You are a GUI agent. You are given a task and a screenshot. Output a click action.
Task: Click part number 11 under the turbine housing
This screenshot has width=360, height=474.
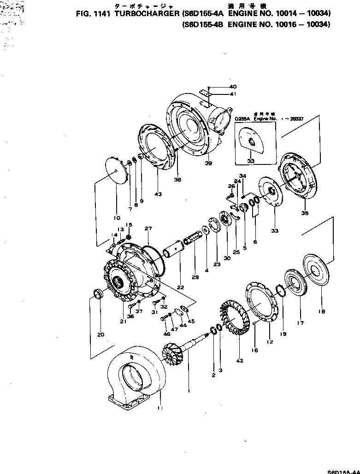159,408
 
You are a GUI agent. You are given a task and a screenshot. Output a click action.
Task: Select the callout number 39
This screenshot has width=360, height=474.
208,163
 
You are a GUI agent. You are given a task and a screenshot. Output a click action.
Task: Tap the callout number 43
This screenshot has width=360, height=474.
158,194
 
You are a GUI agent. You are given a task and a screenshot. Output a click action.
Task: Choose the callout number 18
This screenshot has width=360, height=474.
321,311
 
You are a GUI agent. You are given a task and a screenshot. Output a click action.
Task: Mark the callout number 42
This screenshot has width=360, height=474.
240,360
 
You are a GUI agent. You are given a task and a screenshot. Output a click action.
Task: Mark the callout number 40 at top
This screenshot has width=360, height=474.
233,87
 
